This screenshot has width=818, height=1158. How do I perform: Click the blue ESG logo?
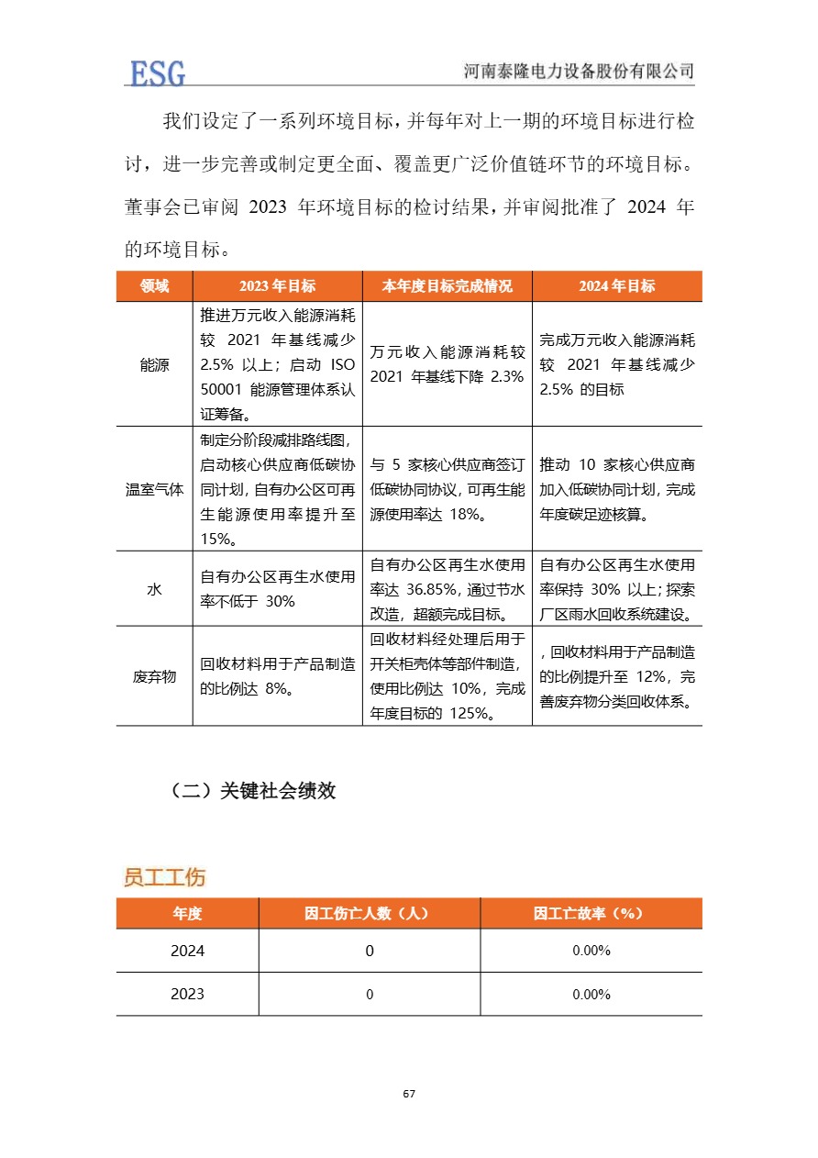tap(158, 72)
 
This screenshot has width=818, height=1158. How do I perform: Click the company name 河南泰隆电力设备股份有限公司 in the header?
tap(579, 72)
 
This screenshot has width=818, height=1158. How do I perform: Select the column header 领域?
tap(154, 286)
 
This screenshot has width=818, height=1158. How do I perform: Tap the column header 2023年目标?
tap(277, 286)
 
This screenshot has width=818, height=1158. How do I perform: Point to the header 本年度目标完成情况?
tap(447, 286)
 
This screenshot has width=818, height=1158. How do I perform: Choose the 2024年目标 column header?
tap(616, 286)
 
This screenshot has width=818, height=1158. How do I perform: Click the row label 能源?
tap(154, 364)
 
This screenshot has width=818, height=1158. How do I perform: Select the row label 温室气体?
tap(154, 489)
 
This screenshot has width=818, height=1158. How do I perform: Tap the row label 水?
tap(154, 589)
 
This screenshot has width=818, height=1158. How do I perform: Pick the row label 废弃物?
tap(154, 677)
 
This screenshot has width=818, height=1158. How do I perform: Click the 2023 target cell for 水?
tap(277, 589)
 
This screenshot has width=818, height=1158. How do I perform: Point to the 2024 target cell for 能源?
tap(616, 364)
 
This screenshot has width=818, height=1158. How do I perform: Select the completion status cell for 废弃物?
tap(447, 677)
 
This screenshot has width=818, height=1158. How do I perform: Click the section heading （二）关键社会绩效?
tap(253, 791)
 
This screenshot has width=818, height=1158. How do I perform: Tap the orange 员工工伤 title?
tap(164, 877)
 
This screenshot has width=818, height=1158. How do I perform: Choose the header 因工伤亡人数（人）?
tap(369, 914)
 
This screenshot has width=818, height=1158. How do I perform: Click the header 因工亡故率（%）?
tap(591, 914)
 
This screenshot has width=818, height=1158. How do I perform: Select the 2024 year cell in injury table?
tap(187, 952)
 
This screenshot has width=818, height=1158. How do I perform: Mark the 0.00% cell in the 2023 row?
tap(591, 995)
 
